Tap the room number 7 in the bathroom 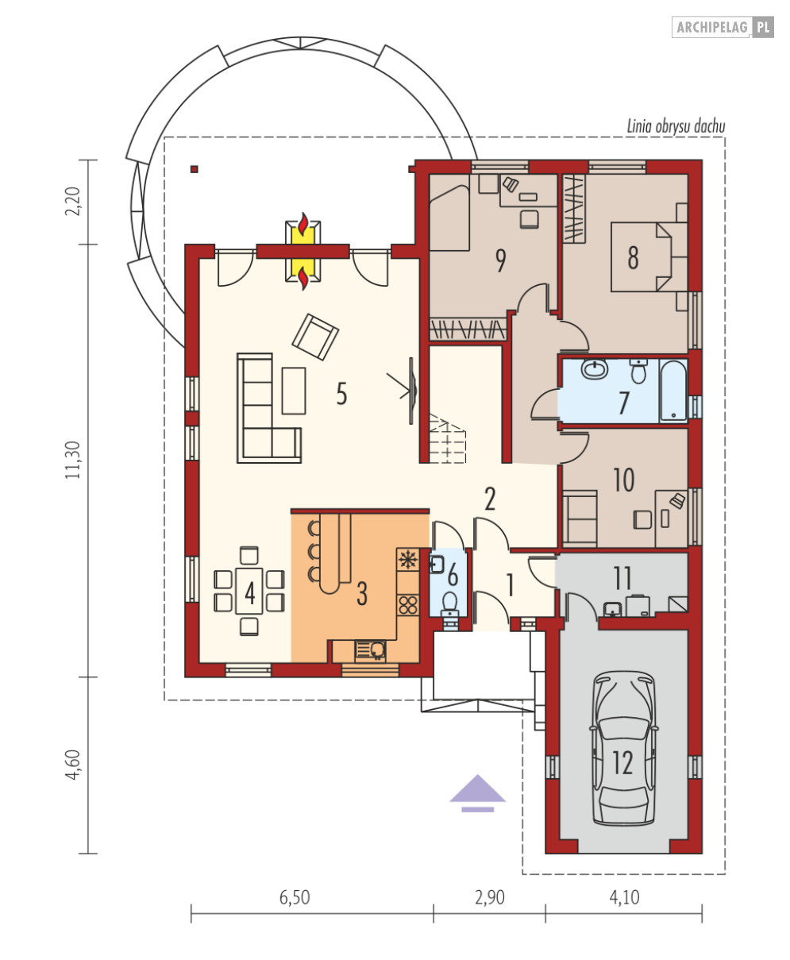click(x=623, y=403)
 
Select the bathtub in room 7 click(x=673, y=391)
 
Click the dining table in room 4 click(x=249, y=591)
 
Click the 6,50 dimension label click(x=295, y=897)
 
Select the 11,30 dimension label click(x=73, y=460)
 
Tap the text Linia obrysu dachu click(x=676, y=126)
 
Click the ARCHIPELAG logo click(x=723, y=27)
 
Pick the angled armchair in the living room click(x=315, y=337)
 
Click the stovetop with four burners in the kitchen click(x=408, y=605)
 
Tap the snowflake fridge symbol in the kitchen click(x=408, y=559)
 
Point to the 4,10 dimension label click(x=624, y=897)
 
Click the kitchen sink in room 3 click(x=370, y=651)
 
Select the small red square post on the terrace click(x=195, y=169)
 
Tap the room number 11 click(x=622, y=578)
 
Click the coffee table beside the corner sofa click(x=294, y=391)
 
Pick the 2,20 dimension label click(x=73, y=201)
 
